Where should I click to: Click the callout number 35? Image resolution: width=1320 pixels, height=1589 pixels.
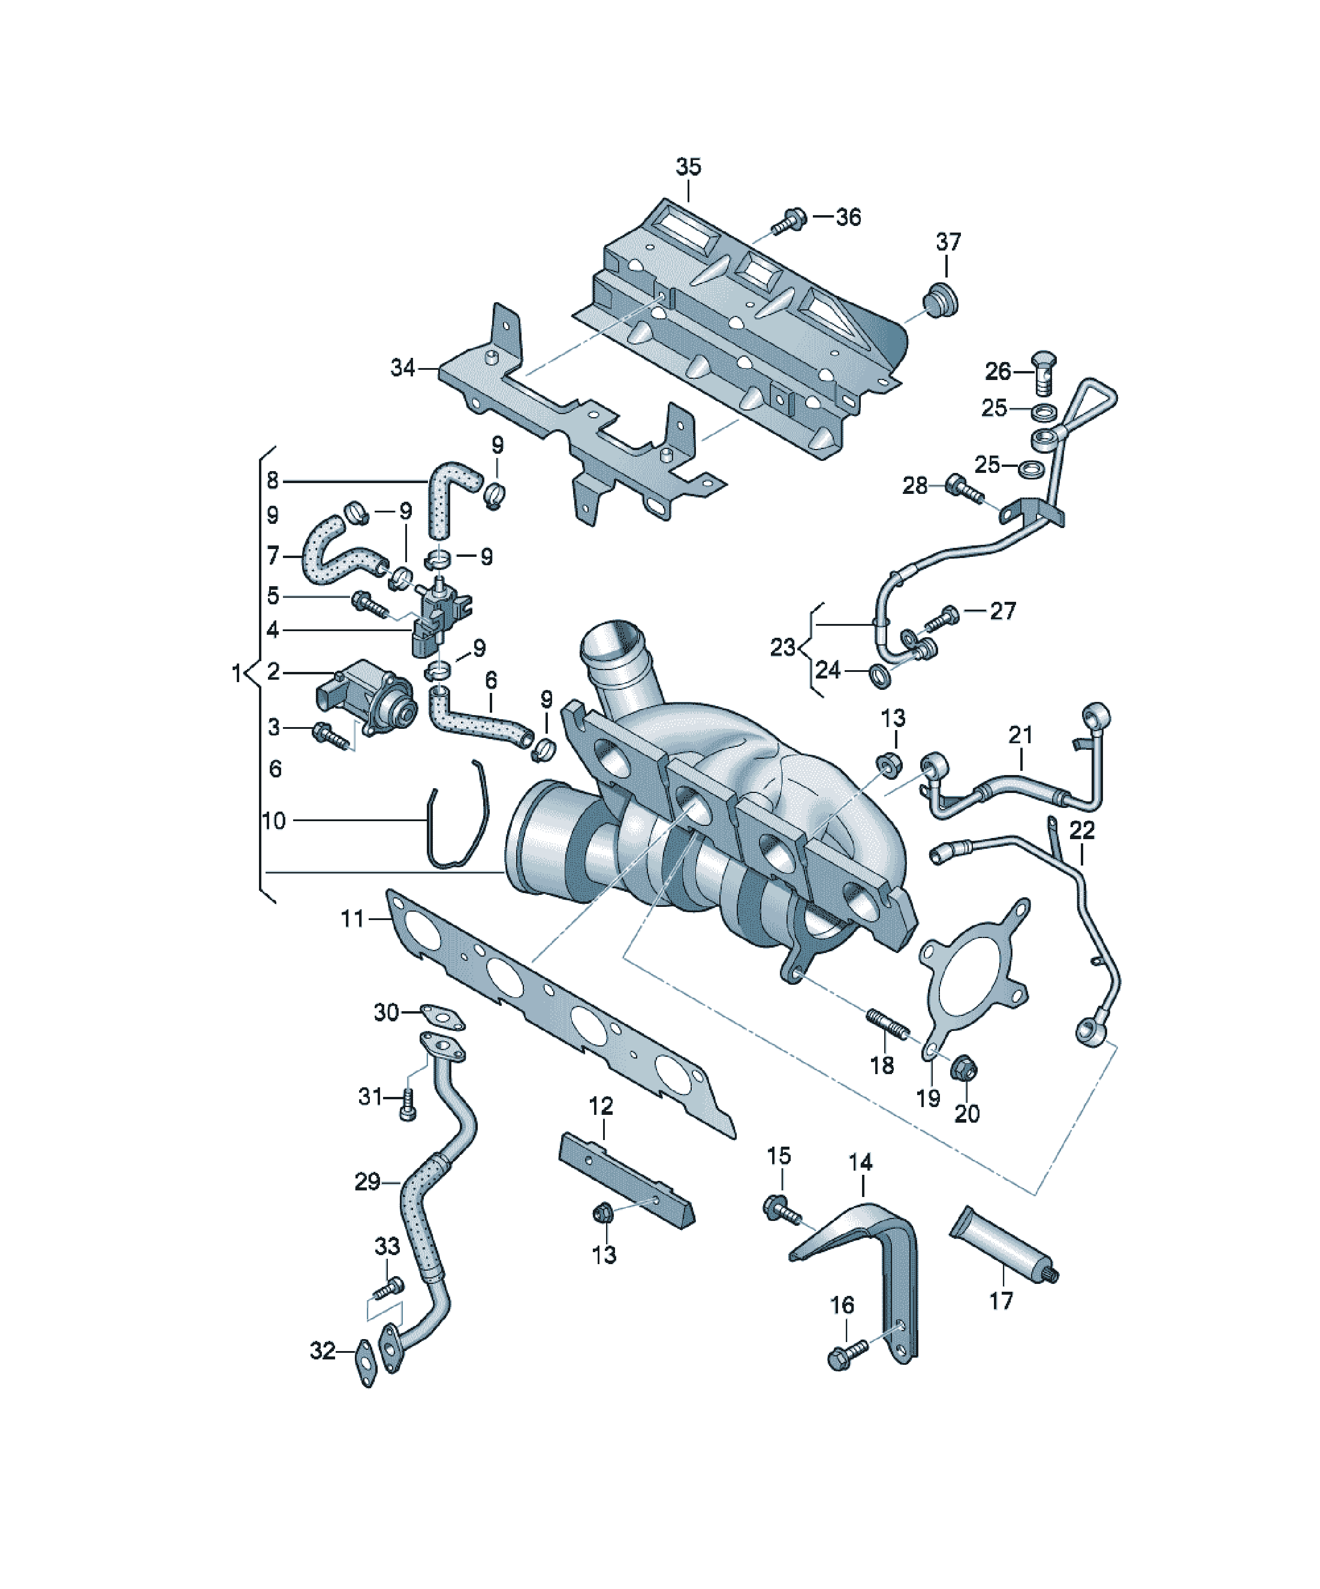pyautogui.click(x=688, y=167)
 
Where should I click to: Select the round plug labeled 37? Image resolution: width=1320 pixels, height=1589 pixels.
pyautogui.click(x=941, y=300)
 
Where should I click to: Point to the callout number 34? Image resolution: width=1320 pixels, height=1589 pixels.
pyautogui.click(x=403, y=368)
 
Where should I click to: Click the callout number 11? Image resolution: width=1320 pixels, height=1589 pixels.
pyautogui.click(x=352, y=919)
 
